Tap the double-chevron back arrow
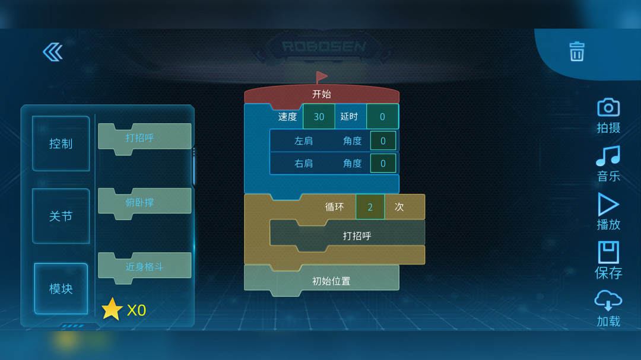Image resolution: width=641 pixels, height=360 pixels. tap(53, 52)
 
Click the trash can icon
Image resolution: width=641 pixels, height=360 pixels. tap(577, 52)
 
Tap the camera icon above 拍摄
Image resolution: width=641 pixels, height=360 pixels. tap(608, 107)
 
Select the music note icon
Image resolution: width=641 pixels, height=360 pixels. tap(608, 156)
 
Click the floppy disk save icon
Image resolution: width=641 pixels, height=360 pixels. tap(608, 252)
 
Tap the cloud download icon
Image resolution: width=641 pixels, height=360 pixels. tap(608, 300)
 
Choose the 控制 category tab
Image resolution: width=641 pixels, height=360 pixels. tap(61, 144)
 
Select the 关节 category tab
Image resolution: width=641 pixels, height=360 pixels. tap(61, 216)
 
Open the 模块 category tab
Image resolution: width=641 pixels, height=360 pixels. tap(61, 288)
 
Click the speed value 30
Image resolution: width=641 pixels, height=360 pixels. tap(319, 117)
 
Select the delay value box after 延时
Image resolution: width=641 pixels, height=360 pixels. tap(382, 117)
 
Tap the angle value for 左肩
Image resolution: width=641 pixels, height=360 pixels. tap(383, 141)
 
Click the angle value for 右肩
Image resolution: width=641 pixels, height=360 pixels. tap(383, 164)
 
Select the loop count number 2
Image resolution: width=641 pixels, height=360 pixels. tap(370, 207)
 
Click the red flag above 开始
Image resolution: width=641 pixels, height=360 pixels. tap(321, 77)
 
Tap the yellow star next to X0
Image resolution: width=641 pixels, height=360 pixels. tap(112, 310)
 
